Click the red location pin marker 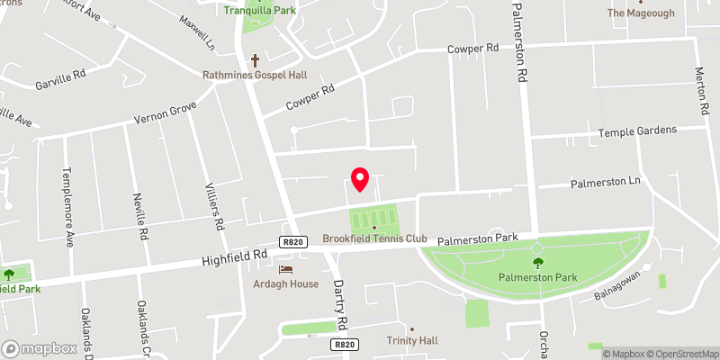pos(360,179)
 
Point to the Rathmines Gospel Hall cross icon pos(255,60)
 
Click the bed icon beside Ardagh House pos(286,269)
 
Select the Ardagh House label pos(286,283)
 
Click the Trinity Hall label pos(411,340)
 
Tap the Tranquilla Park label pos(260,10)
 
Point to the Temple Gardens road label pos(637,131)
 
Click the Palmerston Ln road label pos(605,183)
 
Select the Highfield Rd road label pos(235,257)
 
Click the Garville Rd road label pos(60,76)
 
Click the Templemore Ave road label pos(67,207)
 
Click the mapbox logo pos(40,348)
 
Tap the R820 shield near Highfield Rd pos(293,241)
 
